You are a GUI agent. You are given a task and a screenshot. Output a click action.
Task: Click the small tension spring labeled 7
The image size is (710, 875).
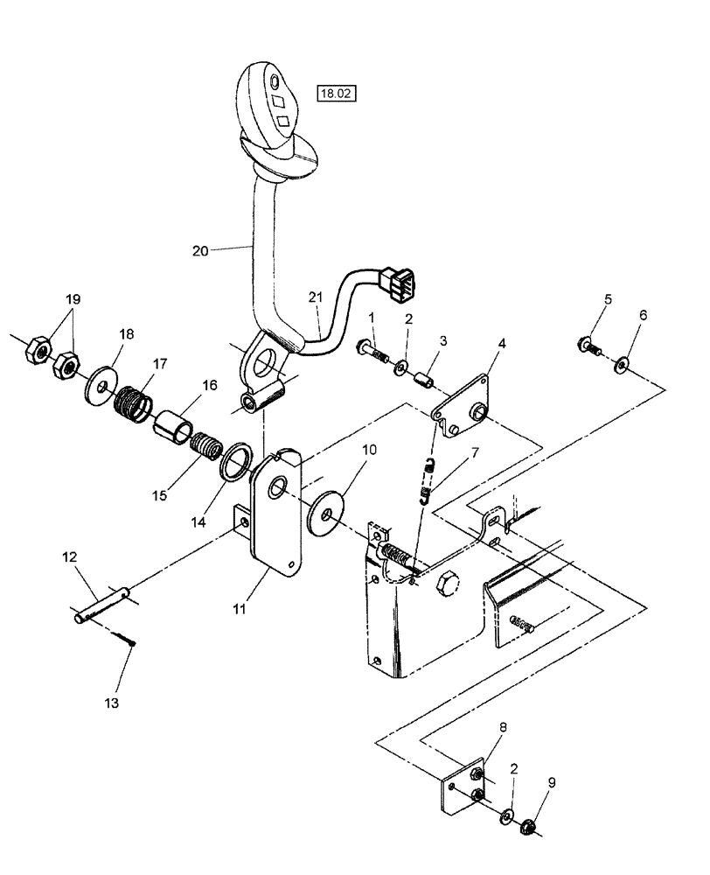[428, 480]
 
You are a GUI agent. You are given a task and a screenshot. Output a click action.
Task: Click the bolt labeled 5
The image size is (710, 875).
[588, 346]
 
